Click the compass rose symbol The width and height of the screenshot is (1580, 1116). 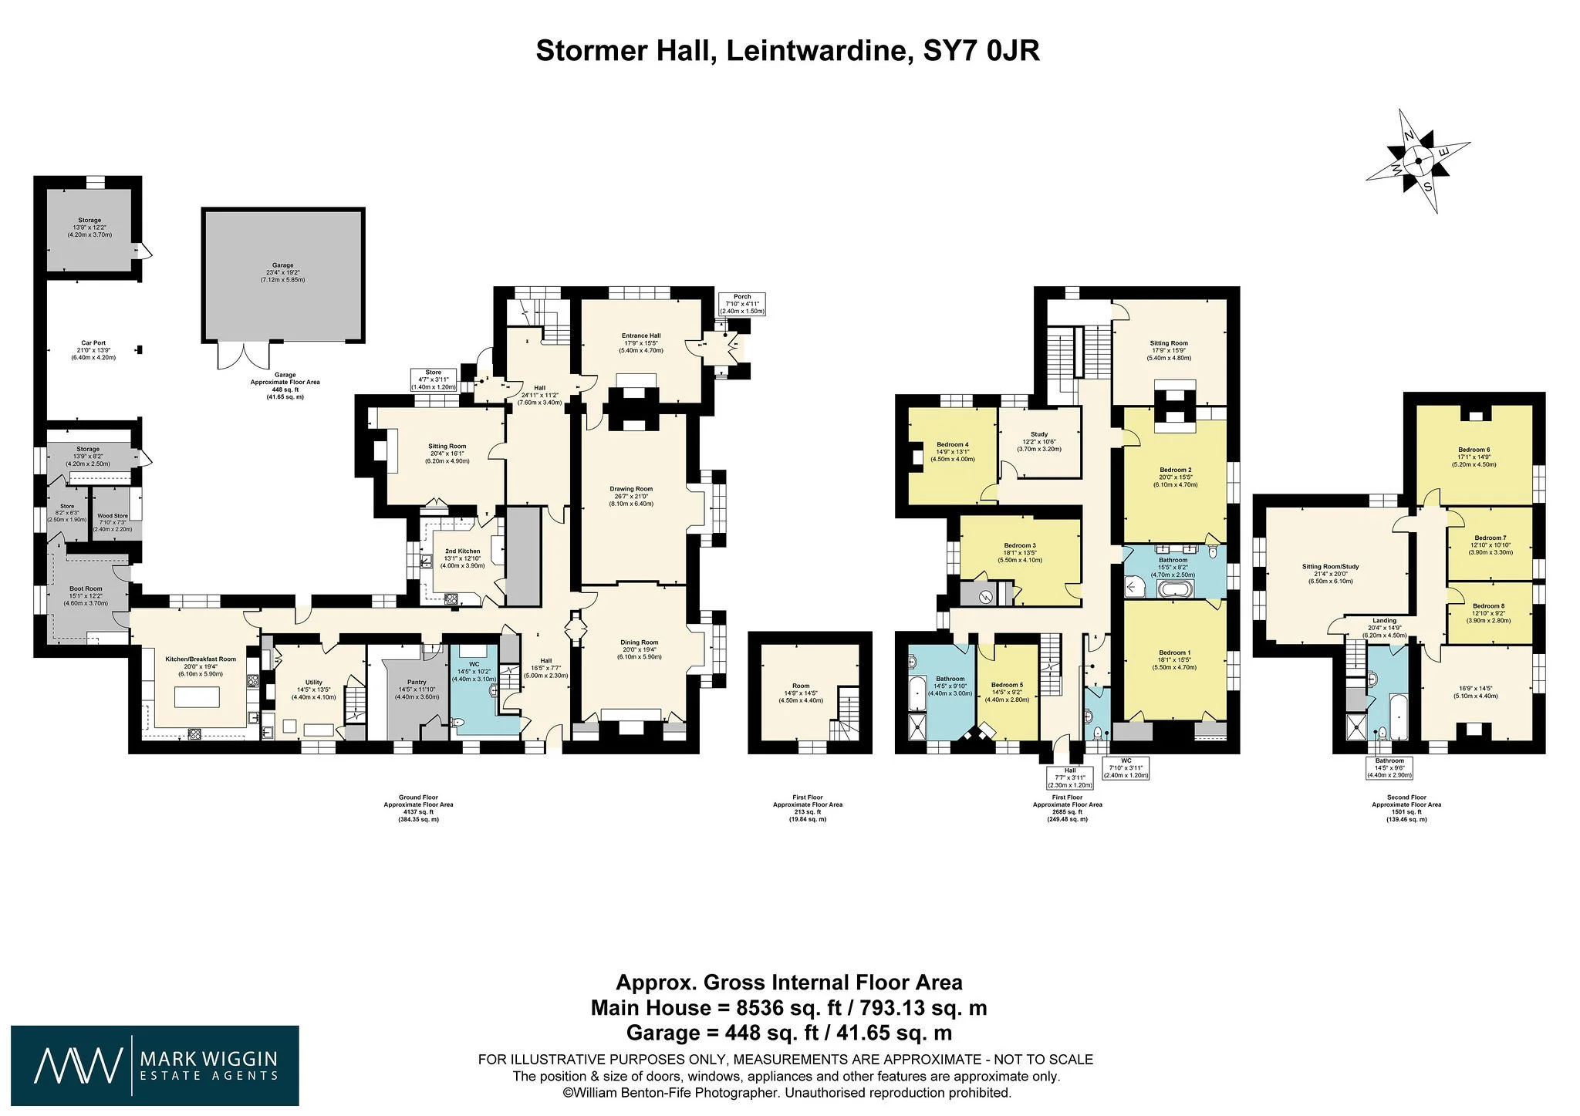coord(1417,161)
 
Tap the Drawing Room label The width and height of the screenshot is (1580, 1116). coord(631,489)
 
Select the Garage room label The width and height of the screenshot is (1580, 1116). coord(282,265)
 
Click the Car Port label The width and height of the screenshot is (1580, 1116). coord(93,343)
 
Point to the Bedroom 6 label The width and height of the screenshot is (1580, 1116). coord(1474,450)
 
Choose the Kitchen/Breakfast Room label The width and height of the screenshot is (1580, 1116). coord(201,659)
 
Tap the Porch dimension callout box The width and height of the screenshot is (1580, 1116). coord(742,304)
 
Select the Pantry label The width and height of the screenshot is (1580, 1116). coord(417,682)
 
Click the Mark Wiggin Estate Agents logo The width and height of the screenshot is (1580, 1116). coord(154,1067)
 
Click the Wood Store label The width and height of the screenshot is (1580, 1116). coord(113,516)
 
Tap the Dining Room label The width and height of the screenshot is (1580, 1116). coord(640,642)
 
